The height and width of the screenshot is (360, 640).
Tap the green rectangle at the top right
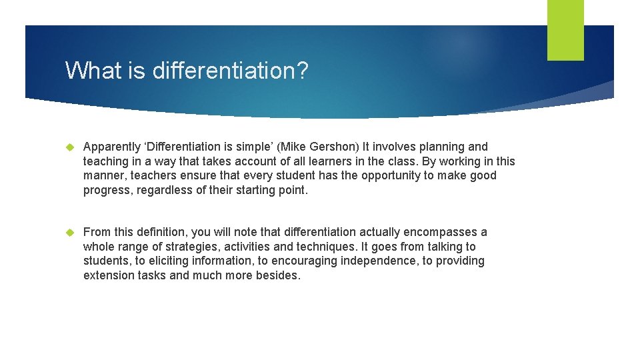pyautogui.click(x=565, y=30)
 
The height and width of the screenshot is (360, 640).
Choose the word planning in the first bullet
pyautogui.click(x=443, y=147)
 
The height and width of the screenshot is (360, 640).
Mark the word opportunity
pyautogui.click(x=393, y=176)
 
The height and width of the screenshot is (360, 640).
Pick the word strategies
pyautogui.click(x=195, y=247)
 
